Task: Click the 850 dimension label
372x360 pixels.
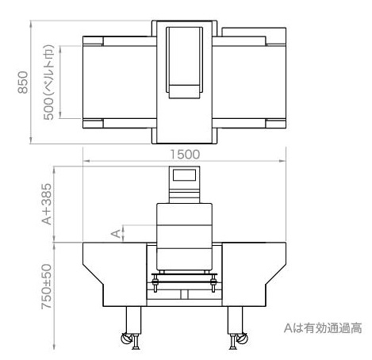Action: [x=23, y=82]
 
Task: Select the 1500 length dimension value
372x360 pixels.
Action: [x=185, y=155]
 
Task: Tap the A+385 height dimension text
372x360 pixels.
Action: [x=47, y=204]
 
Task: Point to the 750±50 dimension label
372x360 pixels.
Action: [x=47, y=286]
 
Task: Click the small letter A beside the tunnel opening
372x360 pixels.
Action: [x=116, y=234]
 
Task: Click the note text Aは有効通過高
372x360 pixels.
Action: [x=323, y=328]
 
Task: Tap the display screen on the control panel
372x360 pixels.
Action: [x=184, y=175]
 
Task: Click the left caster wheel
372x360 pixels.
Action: [x=125, y=339]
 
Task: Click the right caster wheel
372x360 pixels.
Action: [x=243, y=339]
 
